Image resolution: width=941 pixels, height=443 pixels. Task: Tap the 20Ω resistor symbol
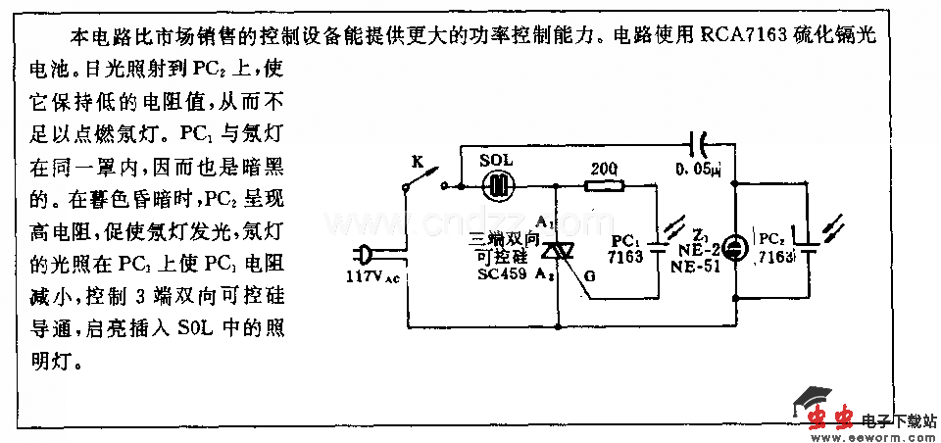coord(601,184)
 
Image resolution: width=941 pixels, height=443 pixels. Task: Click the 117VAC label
coord(371,277)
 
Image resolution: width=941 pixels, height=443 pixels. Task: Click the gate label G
coord(588,275)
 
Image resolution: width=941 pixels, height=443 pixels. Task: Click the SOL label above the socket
coord(498,159)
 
